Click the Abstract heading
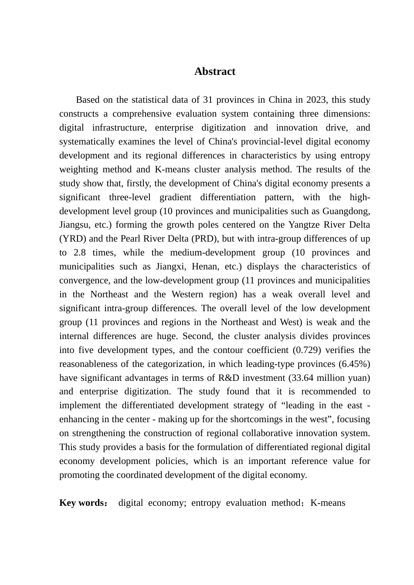[214, 71]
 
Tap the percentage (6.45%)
[353, 364]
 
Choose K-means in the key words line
[328, 503]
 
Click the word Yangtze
[304, 225]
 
